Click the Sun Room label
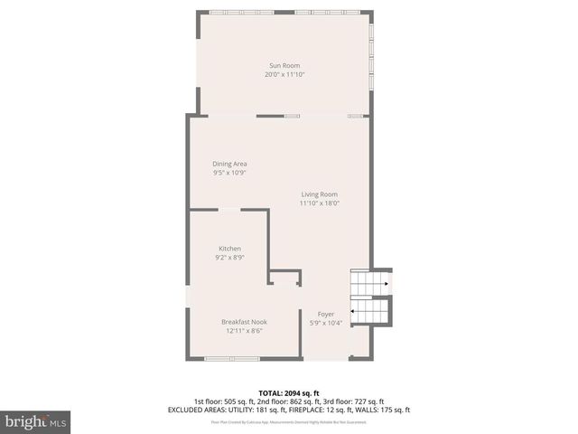coord(284,66)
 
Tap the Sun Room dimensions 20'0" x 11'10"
coord(284,74)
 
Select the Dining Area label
coord(229,164)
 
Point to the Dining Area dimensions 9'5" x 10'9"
coord(229,172)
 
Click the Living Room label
coord(319,194)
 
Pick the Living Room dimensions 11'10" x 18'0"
coord(319,203)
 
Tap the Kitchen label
coord(229,249)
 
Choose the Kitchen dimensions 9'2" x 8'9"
coord(229,257)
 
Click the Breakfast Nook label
coord(244,322)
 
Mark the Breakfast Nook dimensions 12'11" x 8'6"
coord(244,330)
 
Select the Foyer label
coord(325,315)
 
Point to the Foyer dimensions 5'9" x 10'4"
coord(325,323)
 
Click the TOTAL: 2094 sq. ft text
coord(288,393)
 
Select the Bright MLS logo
coord(35,421)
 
